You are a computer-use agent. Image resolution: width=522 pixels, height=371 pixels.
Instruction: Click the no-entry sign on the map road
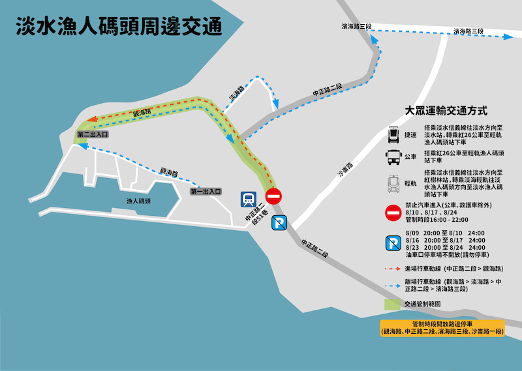pyautogui.click(x=273, y=196)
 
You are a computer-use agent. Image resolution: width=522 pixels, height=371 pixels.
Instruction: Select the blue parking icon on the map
pyautogui.click(x=279, y=223)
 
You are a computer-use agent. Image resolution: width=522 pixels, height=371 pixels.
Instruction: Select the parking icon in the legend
pyautogui.click(x=394, y=243)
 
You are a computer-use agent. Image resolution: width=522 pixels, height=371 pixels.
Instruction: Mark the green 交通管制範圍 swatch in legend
pyautogui.click(x=393, y=303)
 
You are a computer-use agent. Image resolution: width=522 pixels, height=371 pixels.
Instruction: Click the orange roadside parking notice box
pyautogui.click(x=442, y=328)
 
